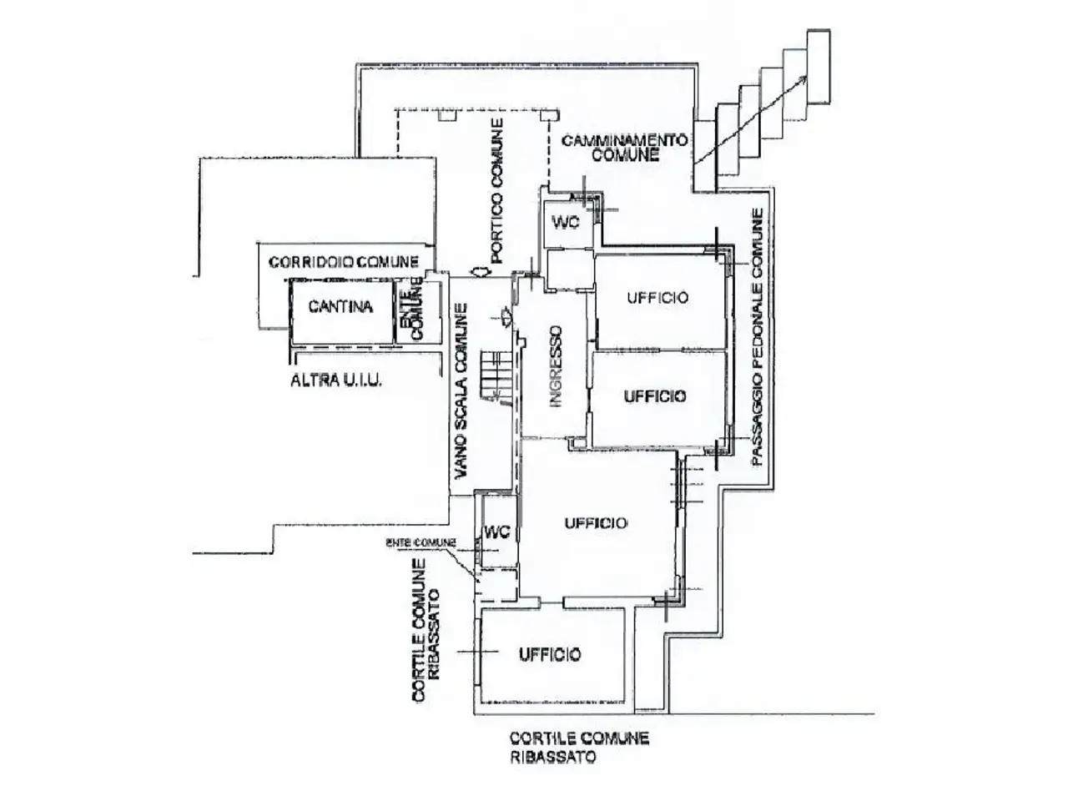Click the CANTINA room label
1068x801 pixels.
coord(340,306)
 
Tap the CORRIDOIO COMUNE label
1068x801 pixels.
coord(343,262)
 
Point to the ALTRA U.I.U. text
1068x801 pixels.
coord(335,380)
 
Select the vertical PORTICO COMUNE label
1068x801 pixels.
coord(496,190)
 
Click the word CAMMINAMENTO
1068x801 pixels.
coord(625,140)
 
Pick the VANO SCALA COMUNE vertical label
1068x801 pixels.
coord(461,393)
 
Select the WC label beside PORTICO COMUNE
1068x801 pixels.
coord(566,222)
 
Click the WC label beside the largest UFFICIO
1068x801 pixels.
coord(496,532)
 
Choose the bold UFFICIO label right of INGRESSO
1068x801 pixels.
coord(655,396)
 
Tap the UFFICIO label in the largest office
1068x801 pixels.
coord(596,523)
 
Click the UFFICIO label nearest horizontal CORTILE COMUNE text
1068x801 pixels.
coord(550,654)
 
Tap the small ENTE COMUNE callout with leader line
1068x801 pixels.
coord(421,542)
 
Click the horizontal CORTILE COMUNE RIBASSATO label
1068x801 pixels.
coord(579,748)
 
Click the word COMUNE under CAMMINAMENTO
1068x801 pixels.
coord(625,155)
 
